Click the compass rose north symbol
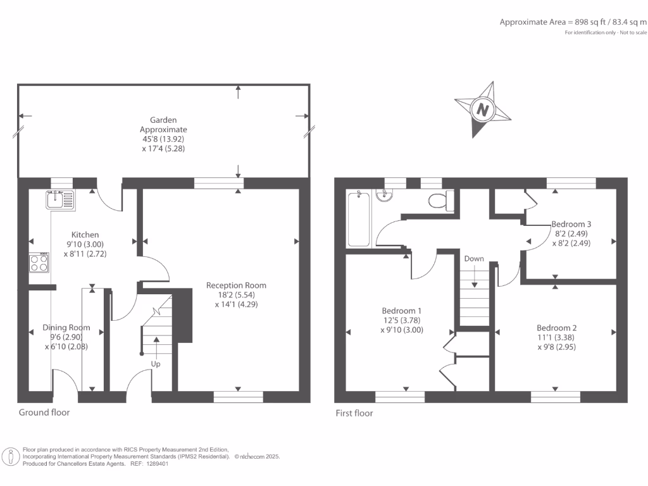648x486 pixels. tap(484, 109)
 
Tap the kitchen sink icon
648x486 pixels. tap(60, 201)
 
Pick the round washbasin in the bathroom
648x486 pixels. tap(384, 196)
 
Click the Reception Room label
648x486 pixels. tap(236, 285)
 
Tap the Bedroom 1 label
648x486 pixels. tap(401, 311)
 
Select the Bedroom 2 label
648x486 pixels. tap(556, 328)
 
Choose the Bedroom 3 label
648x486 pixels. tap(571, 224)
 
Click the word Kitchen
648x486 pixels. tap(85, 235)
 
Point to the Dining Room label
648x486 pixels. tap(66, 328)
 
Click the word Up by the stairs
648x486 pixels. tap(156, 364)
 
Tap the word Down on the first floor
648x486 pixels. tap(474, 259)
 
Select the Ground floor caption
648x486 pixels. tap(44, 413)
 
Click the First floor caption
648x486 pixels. tap(354, 413)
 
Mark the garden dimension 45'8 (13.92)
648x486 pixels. tap(163, 139)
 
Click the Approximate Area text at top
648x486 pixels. tap(573, 22)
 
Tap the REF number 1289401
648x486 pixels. tap(158, 463)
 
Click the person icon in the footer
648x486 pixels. tap(11, 456)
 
